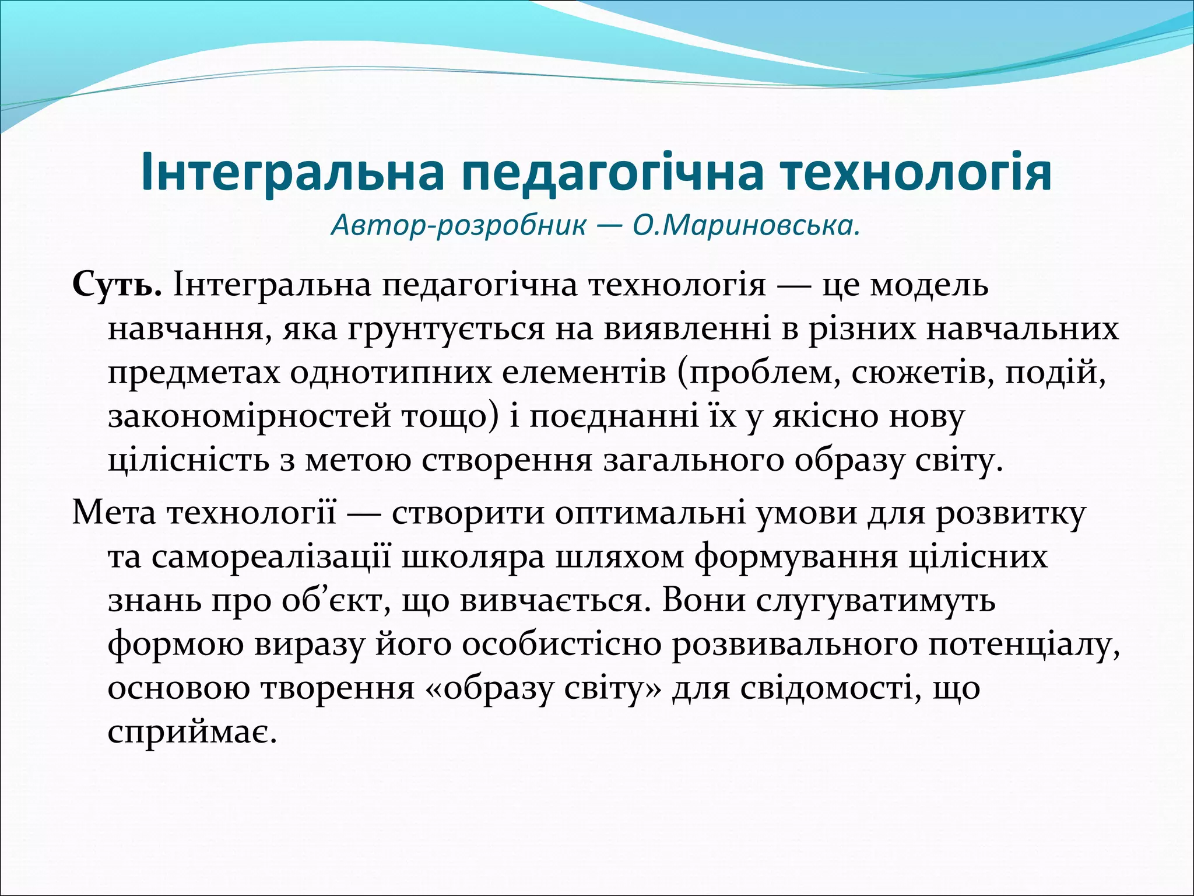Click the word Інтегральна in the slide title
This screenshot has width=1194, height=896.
pyautogui.click(x=292, y=173)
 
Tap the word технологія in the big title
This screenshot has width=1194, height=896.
pyautogui.click(x=916, y=173)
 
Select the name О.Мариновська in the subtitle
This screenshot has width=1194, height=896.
pyautogui.click(x=746, y=225)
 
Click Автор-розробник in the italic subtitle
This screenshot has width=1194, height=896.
pyautogui.click(x=458, y=225)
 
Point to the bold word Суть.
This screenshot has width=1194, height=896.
pyautogui.click(x=117, y=286)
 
